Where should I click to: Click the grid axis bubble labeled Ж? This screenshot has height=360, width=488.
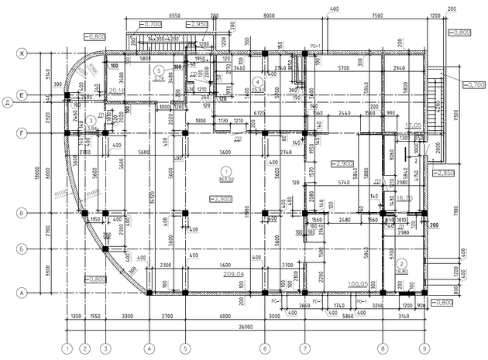[22, 53]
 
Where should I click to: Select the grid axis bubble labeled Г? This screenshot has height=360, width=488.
[22, 133]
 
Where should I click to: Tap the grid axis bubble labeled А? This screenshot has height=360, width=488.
[22, 292]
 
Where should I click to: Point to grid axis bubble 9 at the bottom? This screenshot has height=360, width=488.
[424, 348]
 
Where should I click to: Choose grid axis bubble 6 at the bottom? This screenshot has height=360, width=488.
[265, 348]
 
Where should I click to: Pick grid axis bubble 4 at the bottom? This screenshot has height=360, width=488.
[149, 348]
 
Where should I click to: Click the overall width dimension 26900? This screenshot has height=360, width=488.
[246, 327]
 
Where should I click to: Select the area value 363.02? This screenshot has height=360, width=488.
[226, 180]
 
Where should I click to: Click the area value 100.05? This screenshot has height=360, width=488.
[358, 283]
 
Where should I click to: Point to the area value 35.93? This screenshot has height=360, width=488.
[258, 90]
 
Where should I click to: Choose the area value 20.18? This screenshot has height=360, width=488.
[117, 91]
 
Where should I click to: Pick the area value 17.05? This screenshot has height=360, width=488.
[413, 124]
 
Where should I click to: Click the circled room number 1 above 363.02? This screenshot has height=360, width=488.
[226, 170]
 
